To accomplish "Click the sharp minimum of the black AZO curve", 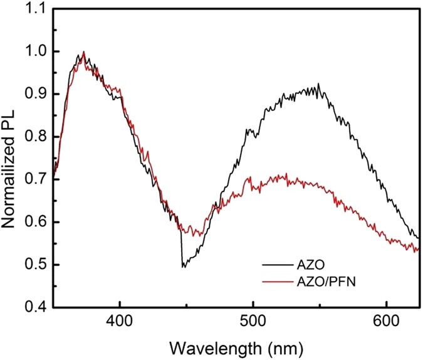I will pyautogui.click(x=183, y=267).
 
